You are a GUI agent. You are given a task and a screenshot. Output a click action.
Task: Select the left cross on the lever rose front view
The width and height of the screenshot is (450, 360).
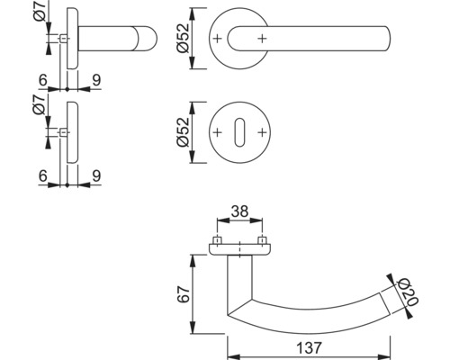point(218,39)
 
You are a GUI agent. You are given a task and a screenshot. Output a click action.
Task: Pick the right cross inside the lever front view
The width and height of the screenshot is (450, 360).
point(261,39)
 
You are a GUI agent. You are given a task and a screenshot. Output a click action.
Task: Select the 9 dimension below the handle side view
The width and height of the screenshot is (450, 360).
point(95,80)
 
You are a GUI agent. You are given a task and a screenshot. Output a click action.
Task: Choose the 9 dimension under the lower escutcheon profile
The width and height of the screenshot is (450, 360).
point(95,177)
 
